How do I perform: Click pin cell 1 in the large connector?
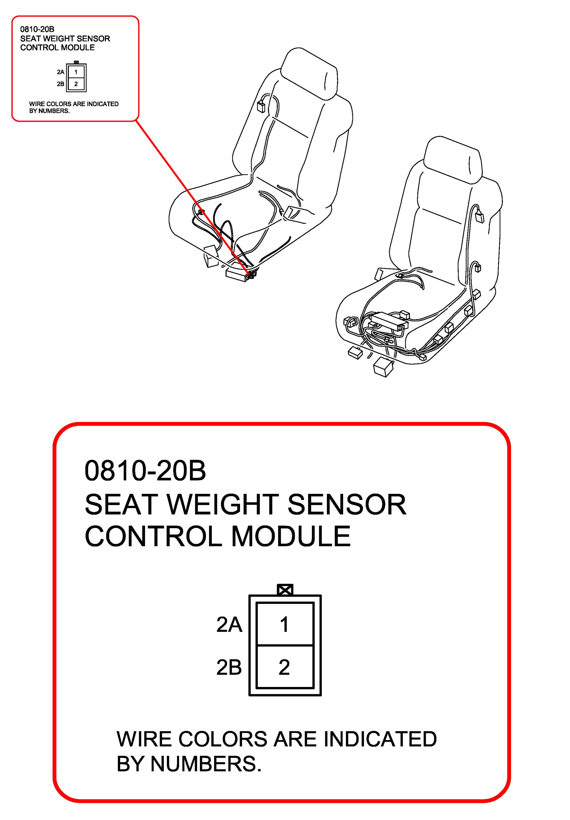[x=285, y=625]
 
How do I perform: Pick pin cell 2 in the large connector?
[x=285, y=667]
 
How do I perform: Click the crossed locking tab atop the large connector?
[x=285, y=590]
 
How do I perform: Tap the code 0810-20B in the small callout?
[x=37, y=29]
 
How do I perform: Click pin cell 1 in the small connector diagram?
[x=76, y=72]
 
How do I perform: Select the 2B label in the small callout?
[x=60, y=84]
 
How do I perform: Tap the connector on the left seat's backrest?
[x=261, y=106]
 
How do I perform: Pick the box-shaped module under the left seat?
[x=237, y=275]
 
